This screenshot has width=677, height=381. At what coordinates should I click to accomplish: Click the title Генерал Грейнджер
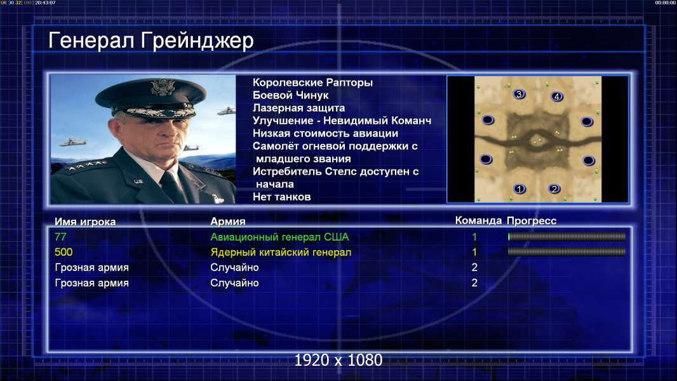coord(151,41)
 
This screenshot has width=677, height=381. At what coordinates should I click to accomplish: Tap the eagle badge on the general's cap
coord(163,88)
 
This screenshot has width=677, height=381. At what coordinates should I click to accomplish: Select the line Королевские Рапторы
coord(312,83)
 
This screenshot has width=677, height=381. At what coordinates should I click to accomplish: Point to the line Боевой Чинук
coord(291,95)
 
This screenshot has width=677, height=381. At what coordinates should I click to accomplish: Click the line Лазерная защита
coord(298,108)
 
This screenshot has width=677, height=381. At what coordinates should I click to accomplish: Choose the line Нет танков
coord(281,197)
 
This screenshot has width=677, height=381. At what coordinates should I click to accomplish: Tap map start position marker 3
coord(519,94)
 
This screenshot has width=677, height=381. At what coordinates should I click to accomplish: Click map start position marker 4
coord(556,97)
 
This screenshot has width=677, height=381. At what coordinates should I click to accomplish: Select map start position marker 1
coord(519,189)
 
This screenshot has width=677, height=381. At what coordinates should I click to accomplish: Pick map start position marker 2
coord(554,189)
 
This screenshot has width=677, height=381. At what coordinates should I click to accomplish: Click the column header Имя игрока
coord(85,222)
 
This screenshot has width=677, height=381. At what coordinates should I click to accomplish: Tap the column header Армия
coord(227,222)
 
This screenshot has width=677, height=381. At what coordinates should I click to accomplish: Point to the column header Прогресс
coord(532,221)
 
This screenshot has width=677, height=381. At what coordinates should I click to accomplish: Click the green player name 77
coord(60,237)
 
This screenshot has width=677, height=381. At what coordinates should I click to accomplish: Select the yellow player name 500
coord(64,252)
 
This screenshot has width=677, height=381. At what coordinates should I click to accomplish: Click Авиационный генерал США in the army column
coord(279,237)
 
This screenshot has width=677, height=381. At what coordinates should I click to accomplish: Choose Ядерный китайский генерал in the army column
coord(281,252)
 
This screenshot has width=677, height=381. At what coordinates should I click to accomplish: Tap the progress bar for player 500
coord(566,251)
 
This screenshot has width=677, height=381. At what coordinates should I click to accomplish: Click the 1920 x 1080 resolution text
coord(338,360)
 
